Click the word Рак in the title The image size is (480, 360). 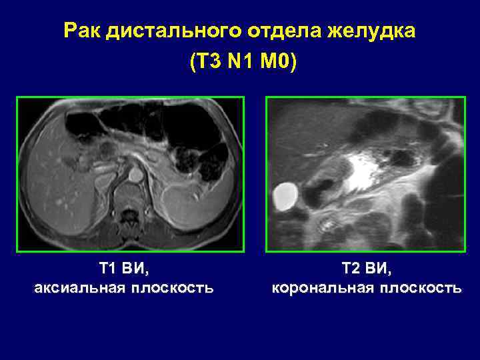click(82, 31)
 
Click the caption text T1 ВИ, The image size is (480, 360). click(124, 269)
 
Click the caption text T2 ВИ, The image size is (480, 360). click(367, 269)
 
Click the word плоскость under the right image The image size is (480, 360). click(420, 288)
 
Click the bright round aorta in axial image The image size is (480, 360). click(135, 175)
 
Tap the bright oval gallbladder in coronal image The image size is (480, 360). click(286, 195)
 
